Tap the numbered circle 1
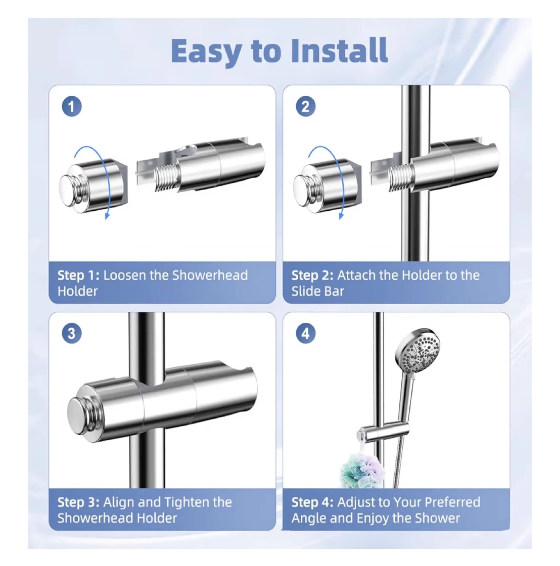[72, 107]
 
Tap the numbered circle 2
[306, 107]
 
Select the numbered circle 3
[72, 333]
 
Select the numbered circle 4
[306, 333]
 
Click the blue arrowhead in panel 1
[107, 217]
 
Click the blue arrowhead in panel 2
[341, 217]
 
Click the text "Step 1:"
[79, 276]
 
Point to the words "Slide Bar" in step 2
[318, 291]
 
